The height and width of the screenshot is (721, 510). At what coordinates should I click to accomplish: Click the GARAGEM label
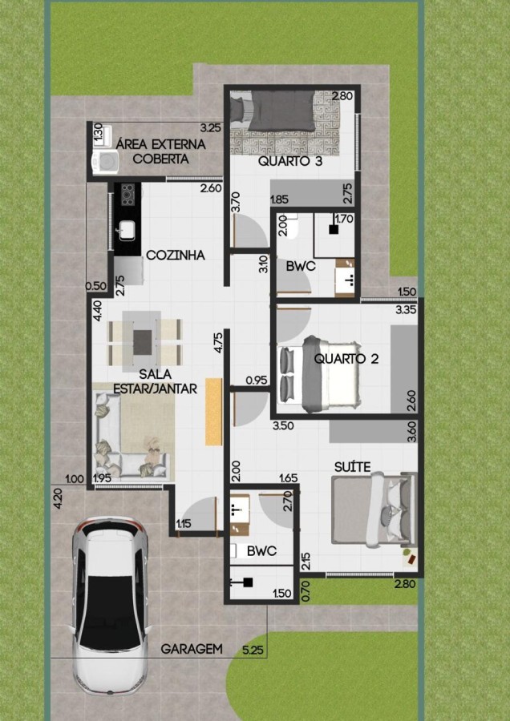tap(192, 649)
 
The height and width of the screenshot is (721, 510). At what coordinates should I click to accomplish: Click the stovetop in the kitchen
tap(127, 194)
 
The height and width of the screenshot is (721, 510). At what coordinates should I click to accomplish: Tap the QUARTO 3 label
tap(290, 161)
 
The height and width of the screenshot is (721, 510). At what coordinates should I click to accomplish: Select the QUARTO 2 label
tap(346, 359)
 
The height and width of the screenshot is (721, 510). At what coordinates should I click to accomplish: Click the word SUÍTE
tap(352, 467)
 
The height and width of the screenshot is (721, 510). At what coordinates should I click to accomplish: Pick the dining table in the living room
tap(142, 341)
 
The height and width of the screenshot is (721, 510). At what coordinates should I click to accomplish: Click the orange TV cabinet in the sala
tap(213, 412)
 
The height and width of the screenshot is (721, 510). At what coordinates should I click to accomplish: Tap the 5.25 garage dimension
tap(253, 650)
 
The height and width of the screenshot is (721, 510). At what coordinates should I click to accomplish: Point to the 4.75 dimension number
tap(219, 342)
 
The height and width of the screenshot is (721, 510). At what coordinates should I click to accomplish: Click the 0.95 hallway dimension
tap(257, 381)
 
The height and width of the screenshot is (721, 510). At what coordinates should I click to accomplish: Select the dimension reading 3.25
tap(211, 127)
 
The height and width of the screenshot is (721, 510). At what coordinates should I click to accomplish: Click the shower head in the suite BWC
tap(248, 582)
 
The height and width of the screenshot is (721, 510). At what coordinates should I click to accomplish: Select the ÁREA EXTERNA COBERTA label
tap(160, 151)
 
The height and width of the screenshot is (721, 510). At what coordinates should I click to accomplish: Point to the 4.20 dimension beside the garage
tap(58, 499)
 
